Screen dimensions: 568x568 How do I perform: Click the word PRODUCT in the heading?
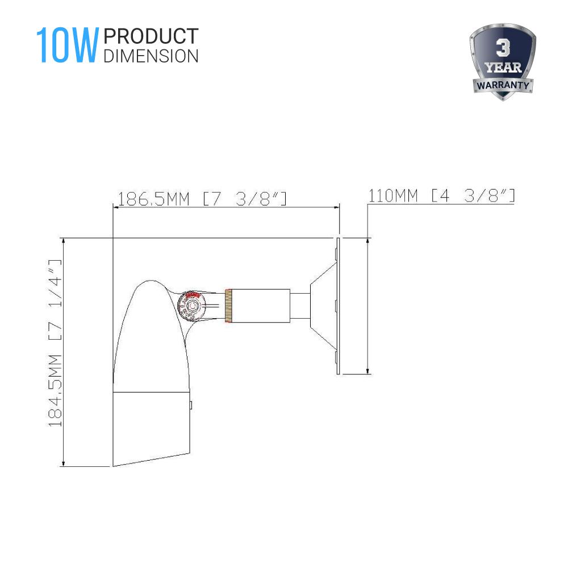(x=151, y=36)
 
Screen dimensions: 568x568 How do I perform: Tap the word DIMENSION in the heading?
(x=151, y=56)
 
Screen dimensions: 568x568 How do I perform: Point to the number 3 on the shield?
(x=502, y=49)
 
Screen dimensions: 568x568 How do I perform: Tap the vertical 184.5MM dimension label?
(x=55, y=343)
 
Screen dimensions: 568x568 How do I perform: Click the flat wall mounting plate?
(x=337, y=306)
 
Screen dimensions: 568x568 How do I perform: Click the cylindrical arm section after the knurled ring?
(x=261, y=306)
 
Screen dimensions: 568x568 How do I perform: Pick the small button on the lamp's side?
(x=191, y=405)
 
